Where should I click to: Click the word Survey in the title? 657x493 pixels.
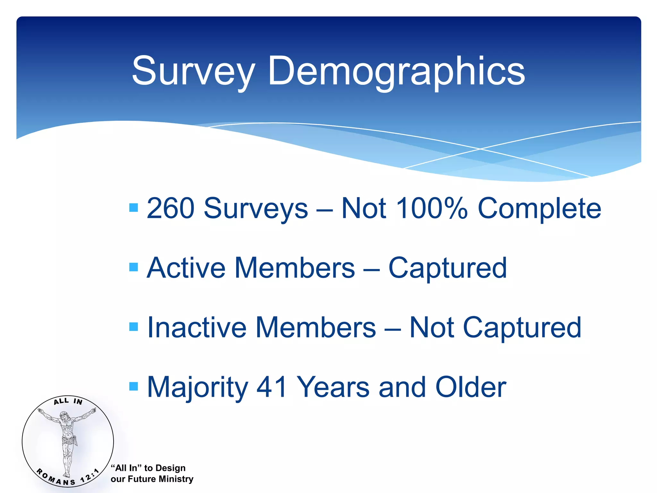pyautogui.click(x=193, y=71)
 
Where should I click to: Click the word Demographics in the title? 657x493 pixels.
pyautogui.click(x=396, y=71)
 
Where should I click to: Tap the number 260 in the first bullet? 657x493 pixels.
pyautogui.click(x=170, y=208)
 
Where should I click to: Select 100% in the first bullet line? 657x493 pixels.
pyautogui.click(x=432, y=208)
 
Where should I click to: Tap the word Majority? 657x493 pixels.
pyautogui.click(x=197, y=388)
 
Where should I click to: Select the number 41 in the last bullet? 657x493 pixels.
pyautogui.click(x=272, y=387)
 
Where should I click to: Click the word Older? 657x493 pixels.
pyautogui.click(x=471, y=387)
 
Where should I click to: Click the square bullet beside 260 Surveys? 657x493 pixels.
pyautogui.click(x=133, y=208)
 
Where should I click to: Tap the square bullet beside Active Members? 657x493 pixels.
pyautogui.click(x=133, y=267)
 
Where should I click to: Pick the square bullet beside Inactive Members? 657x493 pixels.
pyautogui.click(x=133, y=327)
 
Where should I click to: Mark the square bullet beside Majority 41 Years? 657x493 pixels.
pyautogui.click(x=133, y=386)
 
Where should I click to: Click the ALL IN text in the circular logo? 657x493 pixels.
pyautogui.click(x=68, y=401)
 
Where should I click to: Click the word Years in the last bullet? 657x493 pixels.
pyautogui.click(x=333, y=387)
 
